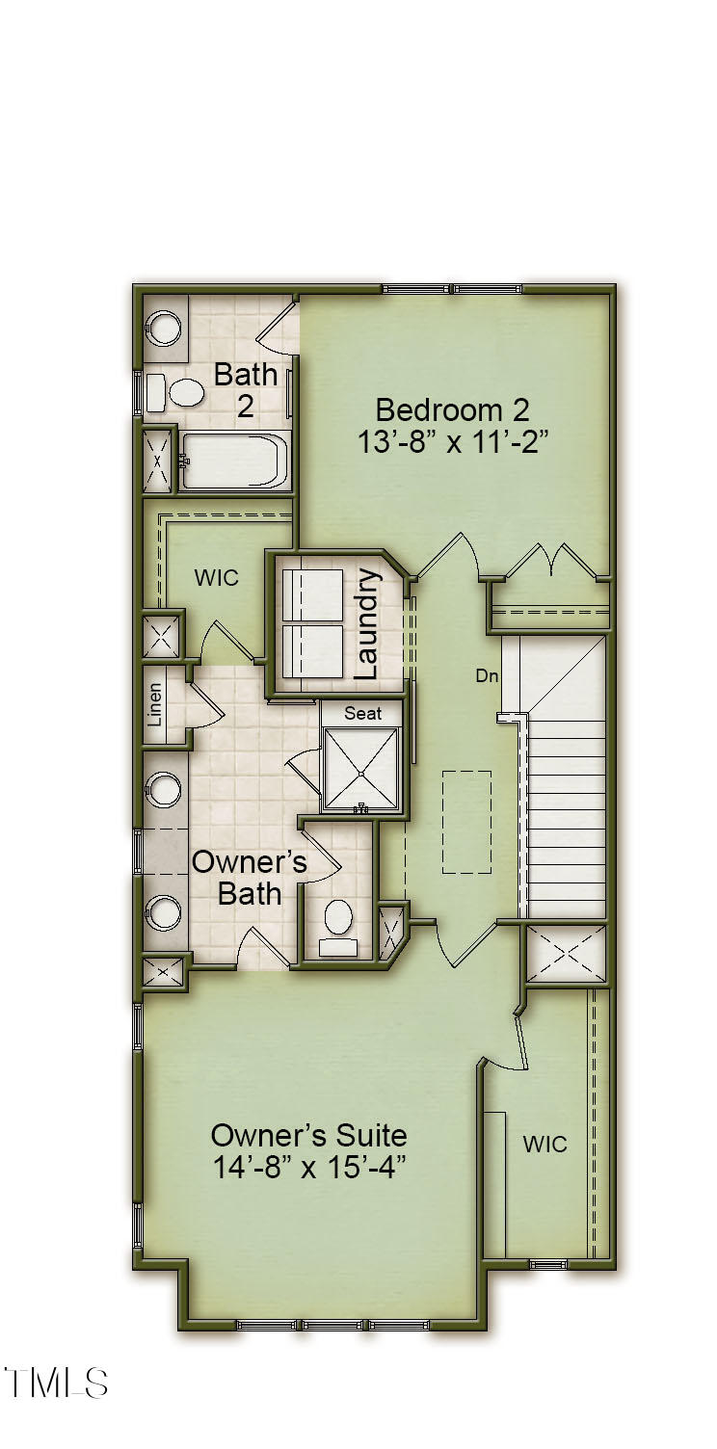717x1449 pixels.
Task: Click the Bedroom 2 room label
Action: pyautogui.click(x=452, y=410)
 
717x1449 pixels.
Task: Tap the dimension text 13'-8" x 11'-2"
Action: pyautogui.click(x=452, y=443)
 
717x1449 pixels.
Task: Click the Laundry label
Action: pyautogui.click(x=367, y=623)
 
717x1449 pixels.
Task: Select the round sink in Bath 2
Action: pyautogui.click(x=162, y=328)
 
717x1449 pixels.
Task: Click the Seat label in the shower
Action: pyautogui.click(x=362, y=714)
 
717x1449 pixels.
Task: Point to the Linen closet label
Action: pyautogui.click(x=154, y=706)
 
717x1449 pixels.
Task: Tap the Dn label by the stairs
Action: pyautogui.click(x=488, y=676)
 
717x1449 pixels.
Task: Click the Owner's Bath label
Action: pyautogui.click(x=250, y=878)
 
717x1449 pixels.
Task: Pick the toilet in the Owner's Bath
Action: pyautogui.click(x=338, y=928)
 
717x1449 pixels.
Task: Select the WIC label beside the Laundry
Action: pyautogui.click(x=216, y=578)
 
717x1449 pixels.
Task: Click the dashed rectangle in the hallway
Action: pyautogui.click(x=466, y=822)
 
